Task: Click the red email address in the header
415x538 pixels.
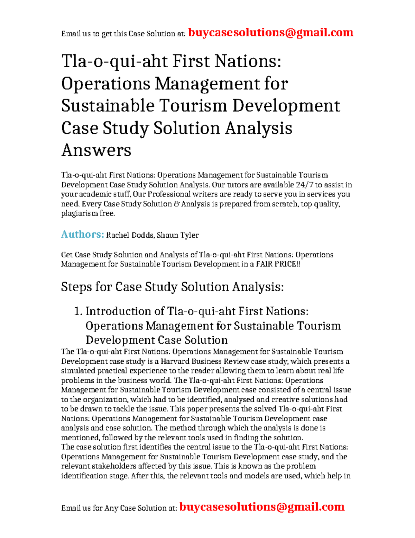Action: click(x=270, y=33)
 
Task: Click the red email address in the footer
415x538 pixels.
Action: click(x=262, y=507)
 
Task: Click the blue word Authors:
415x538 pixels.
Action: click(x=82, y=235)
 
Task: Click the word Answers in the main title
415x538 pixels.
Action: click(x=96, y=150)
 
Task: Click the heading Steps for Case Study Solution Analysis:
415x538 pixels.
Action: click(x=172, y=287)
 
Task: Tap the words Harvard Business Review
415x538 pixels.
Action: click(x=200, y=361)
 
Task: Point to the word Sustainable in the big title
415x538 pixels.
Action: click(x=108, y=106)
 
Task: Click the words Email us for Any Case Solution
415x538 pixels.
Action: click(x=119, y=508)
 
